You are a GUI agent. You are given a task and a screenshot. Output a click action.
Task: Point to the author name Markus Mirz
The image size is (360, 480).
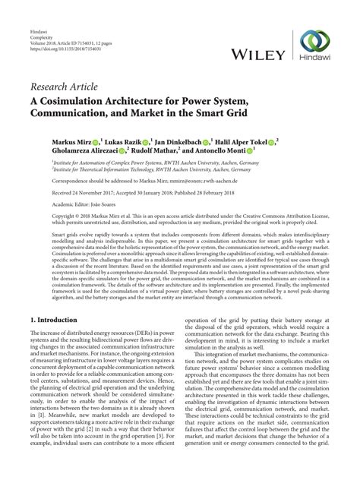pyautogui.click(x=72, y=142)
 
